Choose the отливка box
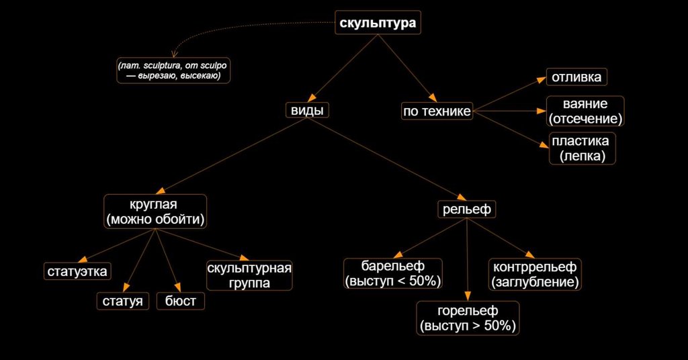pyautogui.click(x=576, y=77)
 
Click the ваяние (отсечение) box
pyautogui.click(x=585, y=111)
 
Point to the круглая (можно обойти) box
pyautogui.click(x=155, y=211)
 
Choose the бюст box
pyautogui.click(x=180, y=301)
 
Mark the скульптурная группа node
pyautogui.click(x=249, y=275)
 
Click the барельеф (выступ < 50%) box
pyautogui.click(x=393, y=273)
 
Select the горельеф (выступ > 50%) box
pyautogui.click(x=468, y=318)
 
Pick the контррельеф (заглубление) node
pyautogui.click(x=534, y=273)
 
